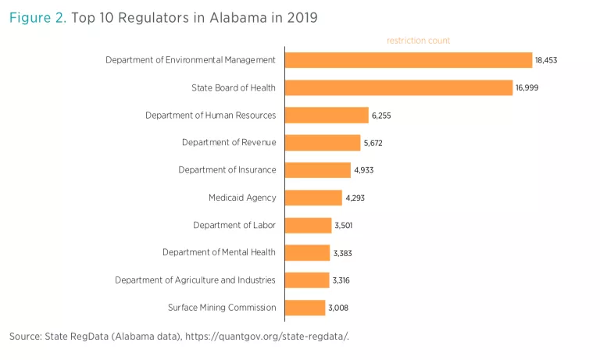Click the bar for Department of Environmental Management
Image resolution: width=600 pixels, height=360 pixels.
pos(408,60)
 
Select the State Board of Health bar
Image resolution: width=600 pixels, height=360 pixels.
pos(398,87)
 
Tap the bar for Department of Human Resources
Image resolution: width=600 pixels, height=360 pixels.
pos(327,116)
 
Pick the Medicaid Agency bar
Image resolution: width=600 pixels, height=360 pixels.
pos(313,198)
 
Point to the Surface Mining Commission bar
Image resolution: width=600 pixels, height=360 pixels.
pos(305,308)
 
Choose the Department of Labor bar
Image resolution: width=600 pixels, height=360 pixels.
pos(308,225)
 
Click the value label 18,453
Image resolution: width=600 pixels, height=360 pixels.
pos(546,60)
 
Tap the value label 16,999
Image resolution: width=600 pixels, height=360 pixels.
pos(527,88)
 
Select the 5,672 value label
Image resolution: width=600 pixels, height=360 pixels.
pos(372,143)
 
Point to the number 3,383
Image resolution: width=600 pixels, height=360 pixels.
pos(343,253)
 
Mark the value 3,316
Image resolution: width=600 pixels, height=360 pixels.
pos(342,280)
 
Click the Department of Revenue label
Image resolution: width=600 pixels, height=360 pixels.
pos(229,142)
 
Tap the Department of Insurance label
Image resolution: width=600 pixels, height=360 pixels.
pos(227,170)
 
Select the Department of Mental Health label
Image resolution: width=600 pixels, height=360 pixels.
pos(220,252)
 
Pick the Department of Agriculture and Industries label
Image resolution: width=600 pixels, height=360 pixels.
pos(195,280)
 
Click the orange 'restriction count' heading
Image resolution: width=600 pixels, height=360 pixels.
pos(418,41)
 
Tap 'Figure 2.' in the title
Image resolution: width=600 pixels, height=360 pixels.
pos(37,17)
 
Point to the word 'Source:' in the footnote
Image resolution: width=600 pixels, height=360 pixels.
pos(25,337)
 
